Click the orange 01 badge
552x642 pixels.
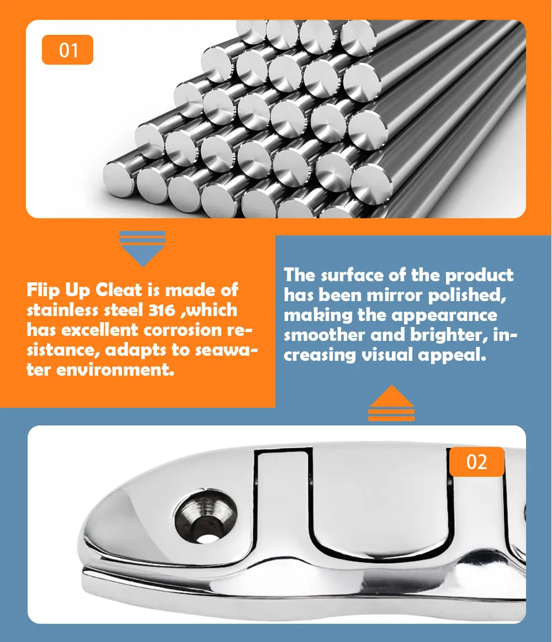click(x=67, y=50)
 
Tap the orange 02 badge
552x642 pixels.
click(x=477, y=462)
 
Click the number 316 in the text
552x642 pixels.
click(x=162, y=310)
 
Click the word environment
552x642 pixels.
click(x=115, y=370)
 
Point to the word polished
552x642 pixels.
click(x=467, y=296)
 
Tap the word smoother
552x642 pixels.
click(x=324, y=335)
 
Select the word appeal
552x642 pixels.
click(x=452, y=355)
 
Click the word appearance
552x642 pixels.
click(x=444, y=316)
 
